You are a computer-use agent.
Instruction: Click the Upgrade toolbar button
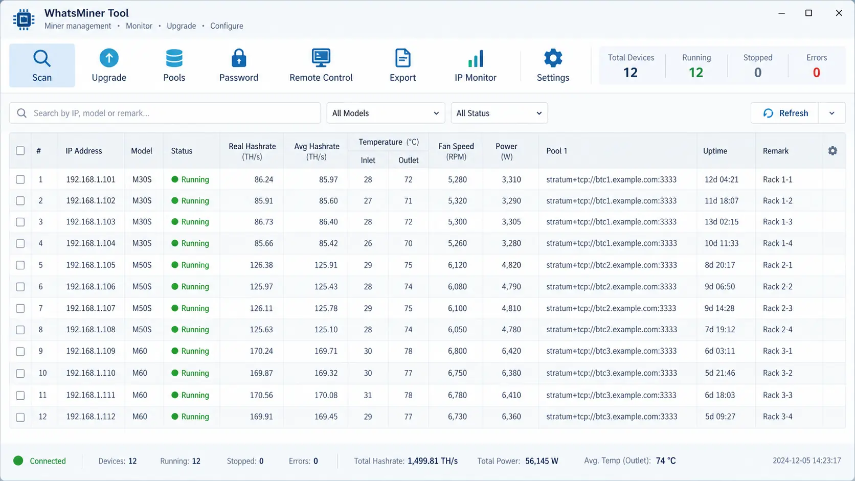coord(109,65)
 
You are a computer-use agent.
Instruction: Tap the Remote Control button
coord(321,65)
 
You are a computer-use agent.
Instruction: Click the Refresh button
coord(785,113)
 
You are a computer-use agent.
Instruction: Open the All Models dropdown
coord(386,113)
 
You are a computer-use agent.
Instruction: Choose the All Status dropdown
coord(499,113)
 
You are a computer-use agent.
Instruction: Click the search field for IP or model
coord(165,113)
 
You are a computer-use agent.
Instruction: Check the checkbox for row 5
coord(20,265)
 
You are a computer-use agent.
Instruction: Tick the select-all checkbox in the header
coord(20,151)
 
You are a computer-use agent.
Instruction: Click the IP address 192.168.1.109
coord(91,351)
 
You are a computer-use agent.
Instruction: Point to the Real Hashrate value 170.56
coord(261,395)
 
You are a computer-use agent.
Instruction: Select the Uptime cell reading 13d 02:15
coord(722,222)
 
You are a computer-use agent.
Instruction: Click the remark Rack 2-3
coord(777,308)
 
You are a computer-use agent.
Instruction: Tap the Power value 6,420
coord(511,351)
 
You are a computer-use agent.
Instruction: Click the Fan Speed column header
coord(456,151)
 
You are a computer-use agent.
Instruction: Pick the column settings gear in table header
coord(832,151)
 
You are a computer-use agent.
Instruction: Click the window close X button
coord(839,13)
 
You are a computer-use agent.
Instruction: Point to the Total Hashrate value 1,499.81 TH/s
coord(433,461)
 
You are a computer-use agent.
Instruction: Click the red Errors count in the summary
coord(816,73)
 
